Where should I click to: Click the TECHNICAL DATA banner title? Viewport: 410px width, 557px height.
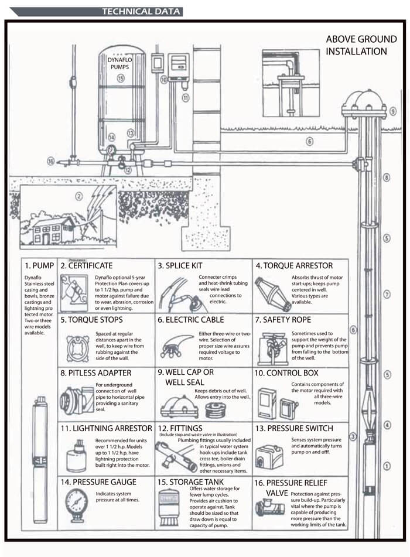point(141,11)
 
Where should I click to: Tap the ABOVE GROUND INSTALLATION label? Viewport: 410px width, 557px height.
point(361,45)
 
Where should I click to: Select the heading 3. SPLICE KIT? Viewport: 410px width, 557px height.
point(182,266)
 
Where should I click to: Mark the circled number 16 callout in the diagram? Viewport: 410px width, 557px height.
point(51,161)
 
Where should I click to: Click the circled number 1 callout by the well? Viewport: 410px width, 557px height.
point(387,466)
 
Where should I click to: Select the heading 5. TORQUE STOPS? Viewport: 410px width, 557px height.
point(91,320)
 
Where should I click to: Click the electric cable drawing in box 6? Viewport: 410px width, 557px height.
point(176,348)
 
